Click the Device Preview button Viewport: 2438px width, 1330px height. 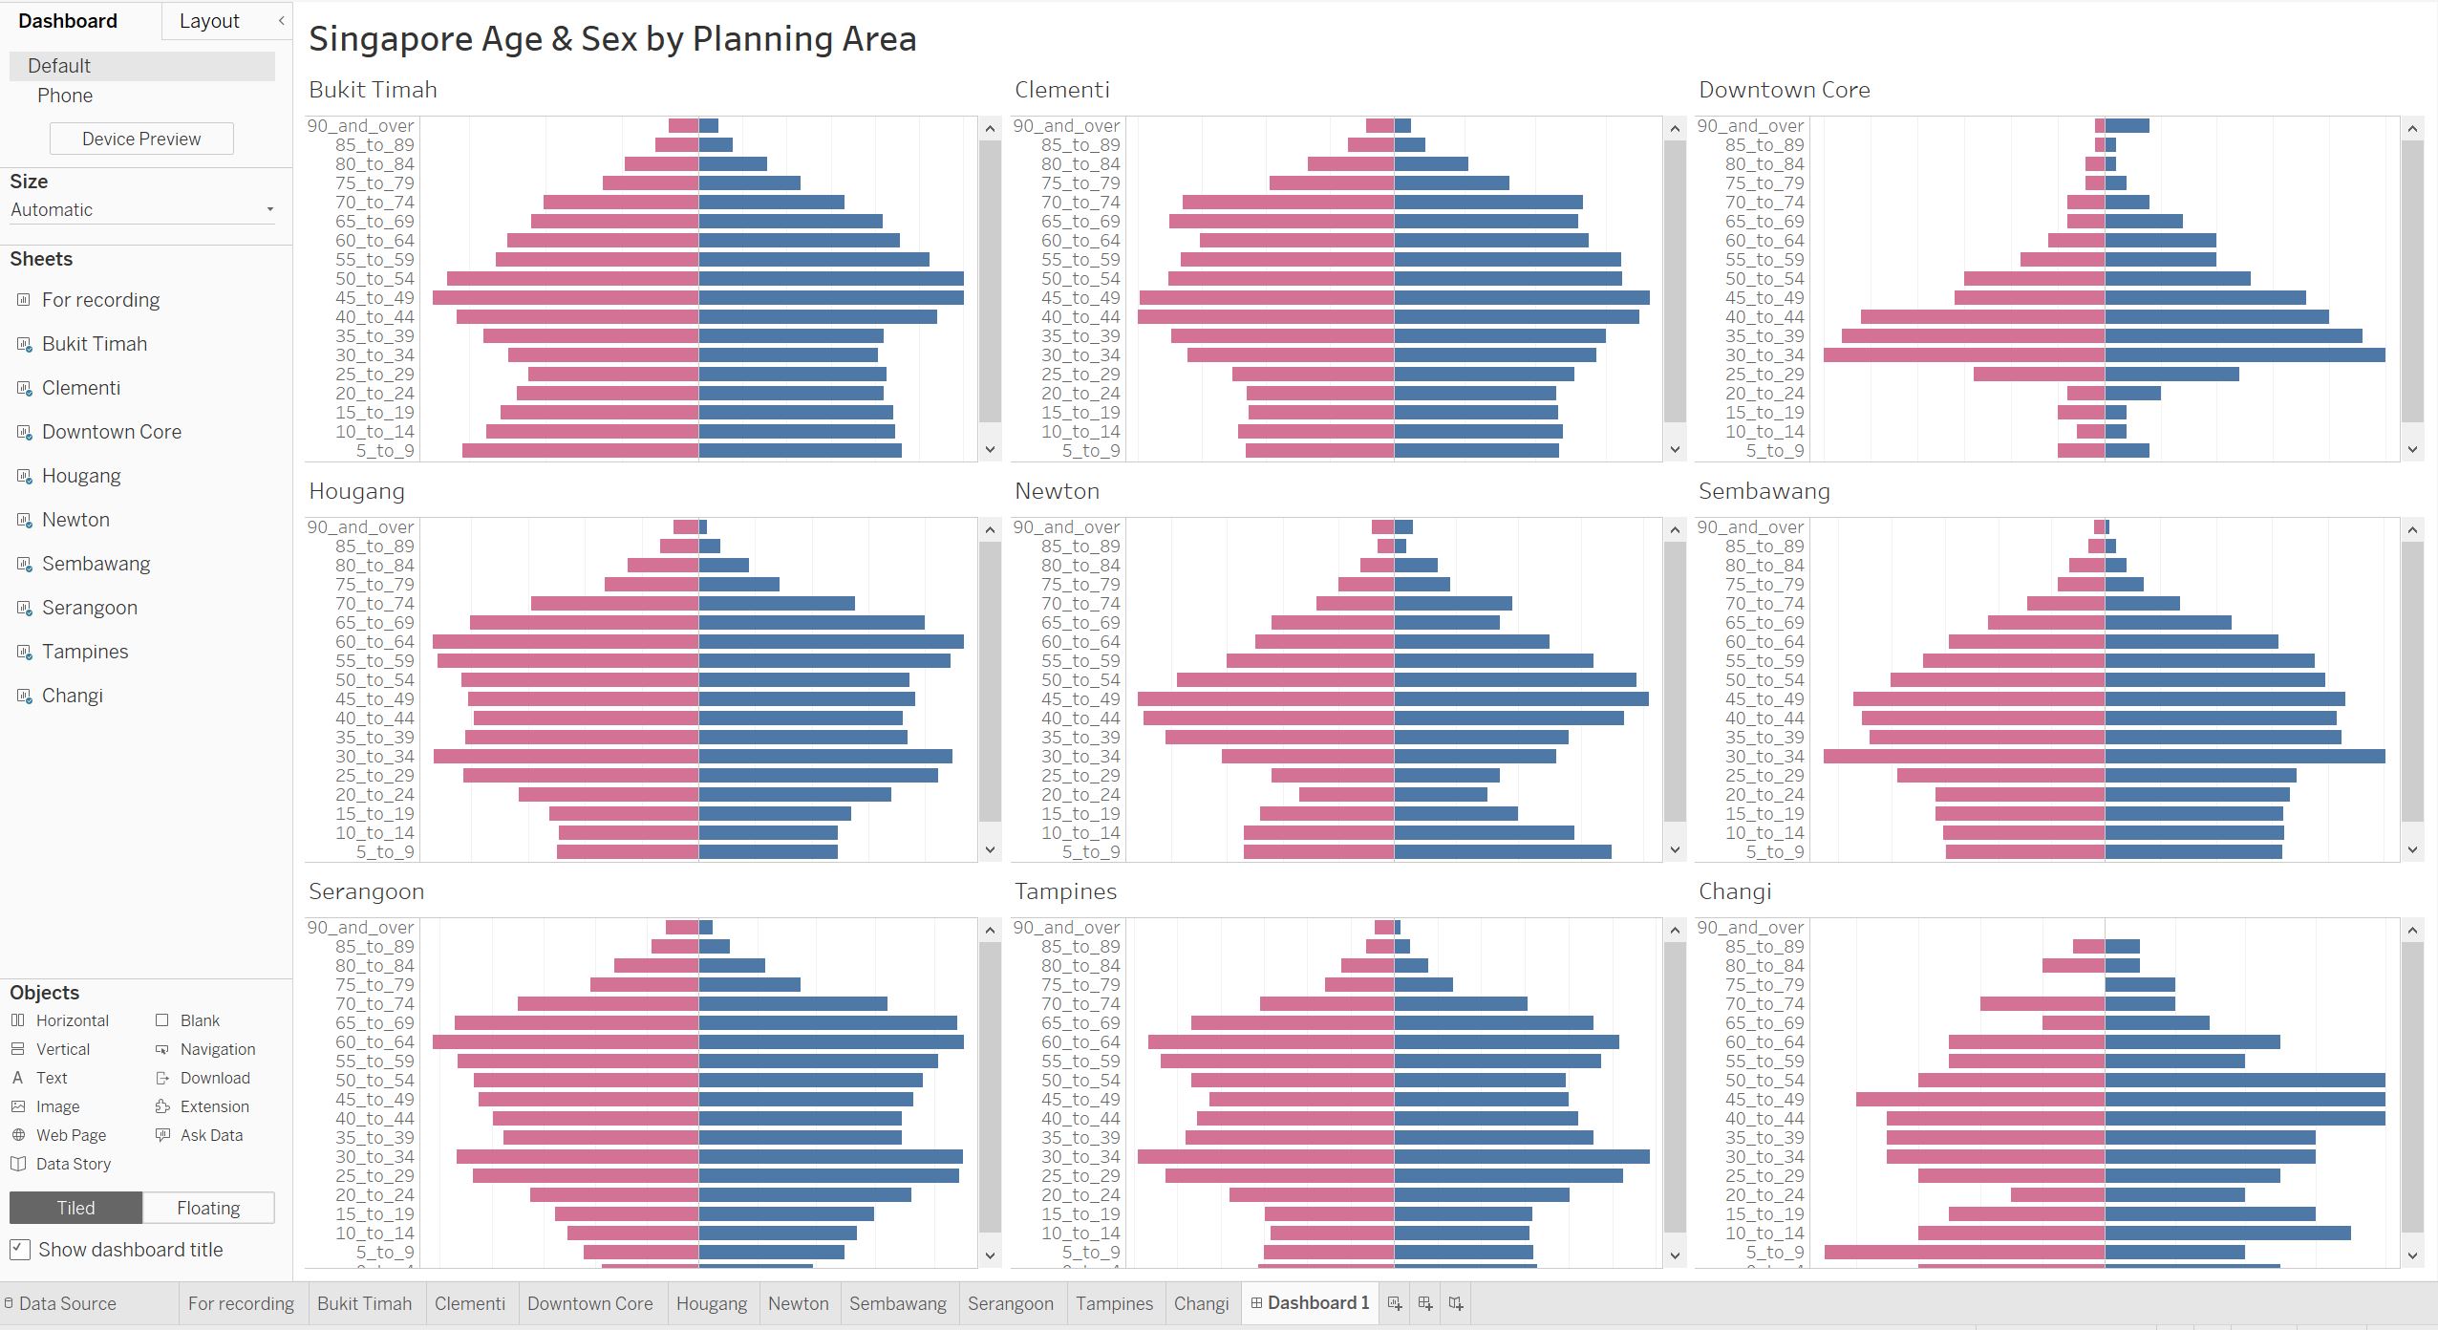coord(141,139)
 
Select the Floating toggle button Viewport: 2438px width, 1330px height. coord(208,1208)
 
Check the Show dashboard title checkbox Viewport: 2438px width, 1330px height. coord(19,1250)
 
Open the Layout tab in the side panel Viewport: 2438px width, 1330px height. coord(209,21)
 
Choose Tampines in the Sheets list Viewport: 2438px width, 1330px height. coord(85,652)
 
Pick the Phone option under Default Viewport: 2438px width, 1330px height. coord(65,96)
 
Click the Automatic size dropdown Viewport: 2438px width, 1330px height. coord(141,209)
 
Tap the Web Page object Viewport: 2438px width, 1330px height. coord(71,1135)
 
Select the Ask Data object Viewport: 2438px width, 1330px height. coord(211,1135)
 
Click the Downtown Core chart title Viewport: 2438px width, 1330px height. coord(1784,90)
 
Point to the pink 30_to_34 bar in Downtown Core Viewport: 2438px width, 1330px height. coord(1963,354)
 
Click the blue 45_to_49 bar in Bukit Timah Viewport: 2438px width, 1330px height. coord(831,297)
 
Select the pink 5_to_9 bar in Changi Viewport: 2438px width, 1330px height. coord(1964,1252)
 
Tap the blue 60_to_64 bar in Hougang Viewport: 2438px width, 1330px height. coord(831,641)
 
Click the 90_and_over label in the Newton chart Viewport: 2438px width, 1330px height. coord(1066,526)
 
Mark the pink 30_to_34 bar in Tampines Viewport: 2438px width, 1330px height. coord(1266,1156)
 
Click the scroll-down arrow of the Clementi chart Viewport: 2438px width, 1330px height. coord(1675,449)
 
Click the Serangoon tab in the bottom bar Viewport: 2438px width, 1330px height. coord(1010,1303)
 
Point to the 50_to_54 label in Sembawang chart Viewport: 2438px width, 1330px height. coord(1764,679)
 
